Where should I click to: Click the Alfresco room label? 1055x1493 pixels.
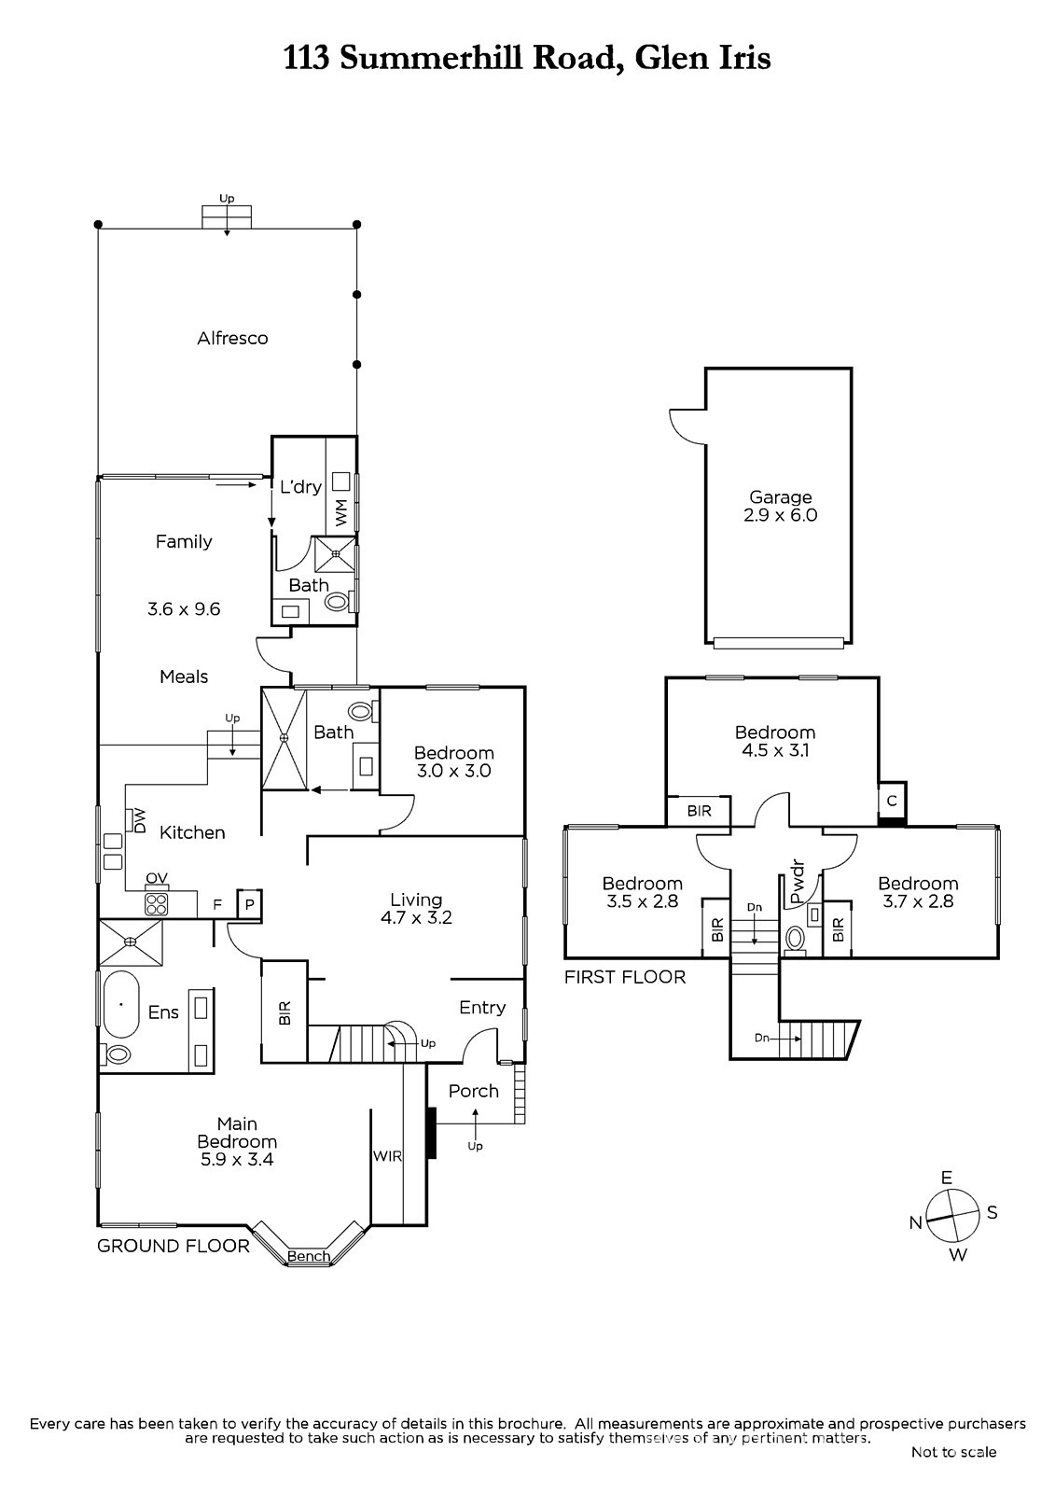click(232, 339)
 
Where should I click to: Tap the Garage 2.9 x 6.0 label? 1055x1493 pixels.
click(781, 507)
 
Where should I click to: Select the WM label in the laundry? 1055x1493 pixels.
click(340, 511)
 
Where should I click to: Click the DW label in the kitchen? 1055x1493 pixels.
click(140, 820)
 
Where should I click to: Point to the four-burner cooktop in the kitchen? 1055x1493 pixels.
click(156, 903)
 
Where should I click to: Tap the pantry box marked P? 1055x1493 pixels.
click(250, 904)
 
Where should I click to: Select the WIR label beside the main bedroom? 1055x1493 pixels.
click(387, 1156)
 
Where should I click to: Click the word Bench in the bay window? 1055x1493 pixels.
click(309, 1256)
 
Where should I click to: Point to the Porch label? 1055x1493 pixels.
click(474, 1091)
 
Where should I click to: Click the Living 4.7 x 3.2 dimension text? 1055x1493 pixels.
click(416, 917)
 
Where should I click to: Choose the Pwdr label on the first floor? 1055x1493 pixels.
click(797, 881)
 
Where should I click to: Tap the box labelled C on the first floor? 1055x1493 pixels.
click(892, 801)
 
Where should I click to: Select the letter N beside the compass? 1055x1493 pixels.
click(916, 1223)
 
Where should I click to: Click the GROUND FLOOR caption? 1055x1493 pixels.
click(174, 1246)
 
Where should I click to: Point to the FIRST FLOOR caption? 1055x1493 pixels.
click(625, 977)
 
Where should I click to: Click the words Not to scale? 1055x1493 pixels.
click(953, 1452)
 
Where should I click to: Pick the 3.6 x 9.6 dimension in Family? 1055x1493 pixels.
click(184, 609)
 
